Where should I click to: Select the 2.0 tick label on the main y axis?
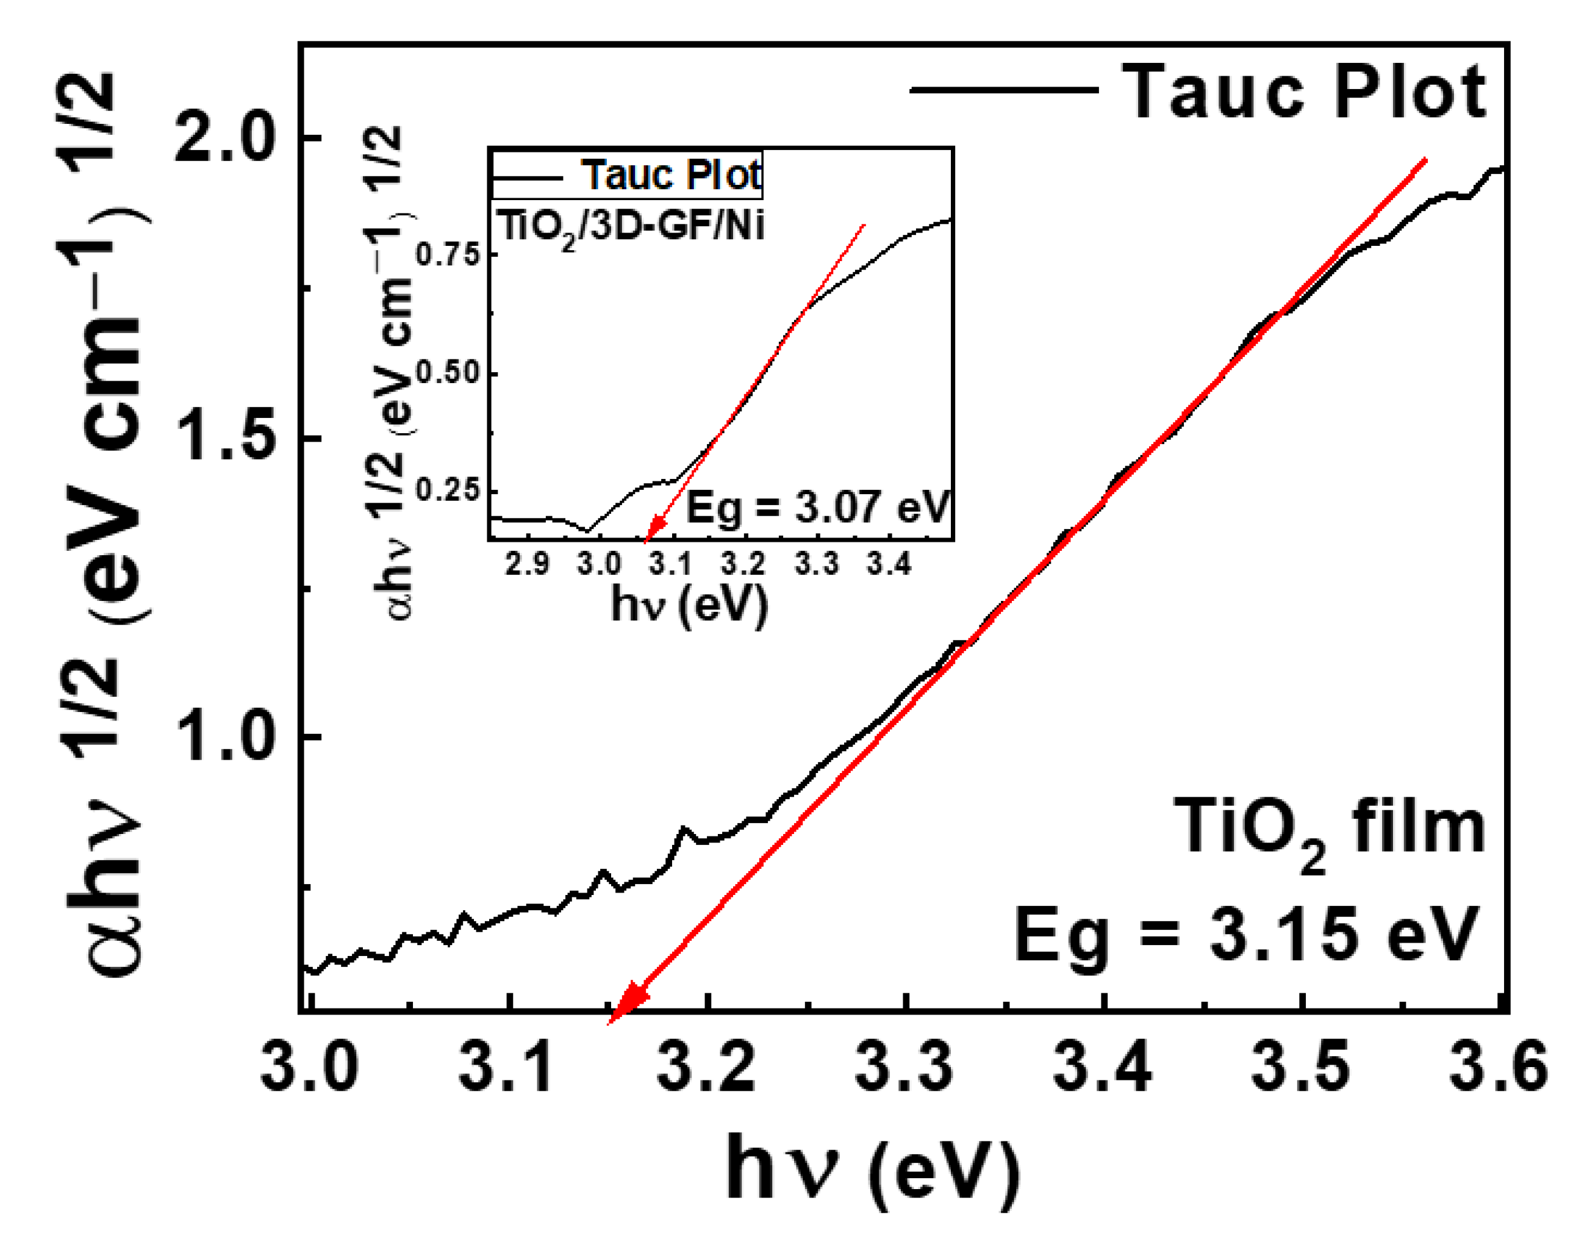(x=225, y=137)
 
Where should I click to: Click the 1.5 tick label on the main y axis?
(x=225, y=437)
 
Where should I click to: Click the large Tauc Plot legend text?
(x=1303, y=92)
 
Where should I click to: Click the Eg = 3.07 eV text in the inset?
(x=817, y=508)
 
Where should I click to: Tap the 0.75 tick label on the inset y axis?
(x=448, y=255)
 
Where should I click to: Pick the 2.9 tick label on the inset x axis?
(x=527, y=564)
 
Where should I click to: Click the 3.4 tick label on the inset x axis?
(x=890, y=564)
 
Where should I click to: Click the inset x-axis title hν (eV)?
(x=689, y=605)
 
